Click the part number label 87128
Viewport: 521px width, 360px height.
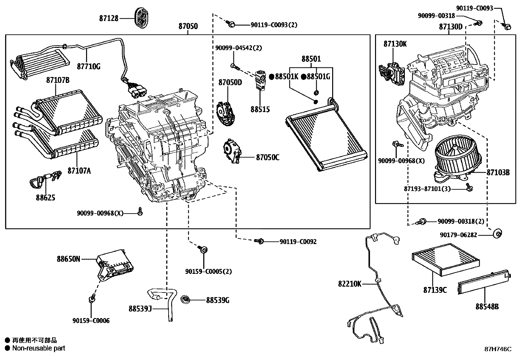click(x=109, y=18)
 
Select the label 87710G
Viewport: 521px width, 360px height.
click(x=89, y=66)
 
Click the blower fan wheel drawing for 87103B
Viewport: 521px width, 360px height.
click(x=458, y=156)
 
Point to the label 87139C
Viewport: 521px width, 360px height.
click(x=435, y=290)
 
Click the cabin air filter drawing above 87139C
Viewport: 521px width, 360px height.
click(x=446, y=259)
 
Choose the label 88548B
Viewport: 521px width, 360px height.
click(x=488, y=307)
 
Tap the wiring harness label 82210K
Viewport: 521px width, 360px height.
click(x=350, y=284)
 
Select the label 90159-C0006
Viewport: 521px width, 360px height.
click(x=91, y=321)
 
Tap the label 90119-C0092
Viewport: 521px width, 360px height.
click(x=298, y=242)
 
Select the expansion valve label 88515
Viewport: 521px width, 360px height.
click(x=260, y=109)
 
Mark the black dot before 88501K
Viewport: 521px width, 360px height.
click(x=271, y=77)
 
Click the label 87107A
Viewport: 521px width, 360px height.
click(x=79, y=171)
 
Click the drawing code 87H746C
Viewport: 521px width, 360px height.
click(x=498, y=349)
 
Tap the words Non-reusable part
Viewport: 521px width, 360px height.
click(x=39, y=348)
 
